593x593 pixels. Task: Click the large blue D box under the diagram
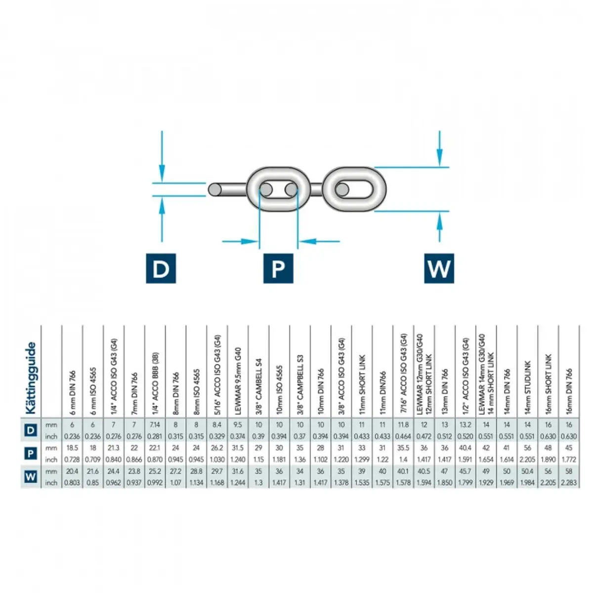tap(161, 268)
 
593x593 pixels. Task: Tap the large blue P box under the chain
tap(278, 268)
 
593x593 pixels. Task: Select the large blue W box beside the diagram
tap(439, 268)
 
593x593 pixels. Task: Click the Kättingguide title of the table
tap(31, 378)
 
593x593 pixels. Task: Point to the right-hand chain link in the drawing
tap(355, 190)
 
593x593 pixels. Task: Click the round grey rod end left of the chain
tap(214, 190)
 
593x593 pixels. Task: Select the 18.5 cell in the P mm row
tap(72, 448)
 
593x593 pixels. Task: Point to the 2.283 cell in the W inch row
tap(569, 483)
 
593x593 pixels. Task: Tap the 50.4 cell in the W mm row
tap(528, 471)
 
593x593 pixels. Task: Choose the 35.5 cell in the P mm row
tap(403, 448)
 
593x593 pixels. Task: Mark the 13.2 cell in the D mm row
tap(466, 425)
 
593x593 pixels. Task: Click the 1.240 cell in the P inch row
tap(238, 460)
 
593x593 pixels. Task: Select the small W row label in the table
tap(31, 477)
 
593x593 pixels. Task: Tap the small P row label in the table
tap(31, 454)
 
